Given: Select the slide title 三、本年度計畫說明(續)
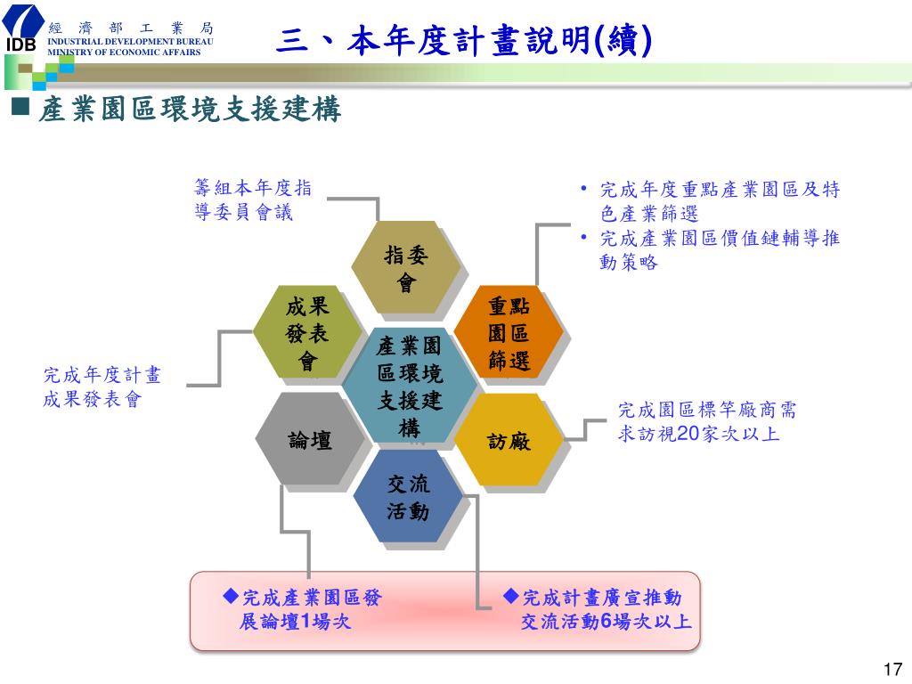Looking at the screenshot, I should pos(463,40).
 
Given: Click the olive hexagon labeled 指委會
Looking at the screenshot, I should pos(406,268).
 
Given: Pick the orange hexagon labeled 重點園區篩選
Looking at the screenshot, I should pos(509,334).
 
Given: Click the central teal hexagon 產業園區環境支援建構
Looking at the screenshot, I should pos(409,386).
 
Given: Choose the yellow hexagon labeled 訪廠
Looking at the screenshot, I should pos(509,440).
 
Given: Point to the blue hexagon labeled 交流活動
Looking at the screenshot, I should pos(408,497).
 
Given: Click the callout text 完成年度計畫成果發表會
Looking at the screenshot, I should pos(102,387).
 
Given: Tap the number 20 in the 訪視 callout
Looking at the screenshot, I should pos(687,434).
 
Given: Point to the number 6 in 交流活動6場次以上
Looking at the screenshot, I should pos(607,621).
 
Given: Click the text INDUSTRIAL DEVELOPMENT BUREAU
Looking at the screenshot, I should pos(130,42).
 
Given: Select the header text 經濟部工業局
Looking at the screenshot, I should pos(130,28).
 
